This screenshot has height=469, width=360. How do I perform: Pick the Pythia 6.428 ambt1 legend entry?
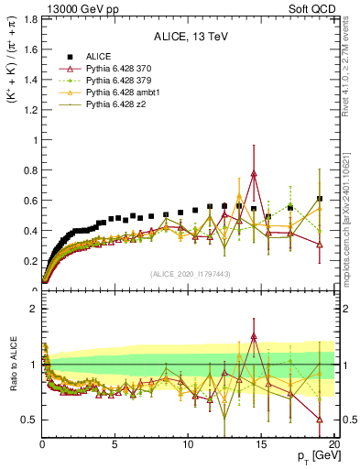[125, 93]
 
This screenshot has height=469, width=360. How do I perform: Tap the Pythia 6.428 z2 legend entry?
[119, 104]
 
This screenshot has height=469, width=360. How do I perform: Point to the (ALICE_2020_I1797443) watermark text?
[189, 273]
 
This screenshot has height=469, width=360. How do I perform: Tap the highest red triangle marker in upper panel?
[253, 173]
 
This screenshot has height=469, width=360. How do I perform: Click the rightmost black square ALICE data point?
[319, 199]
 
